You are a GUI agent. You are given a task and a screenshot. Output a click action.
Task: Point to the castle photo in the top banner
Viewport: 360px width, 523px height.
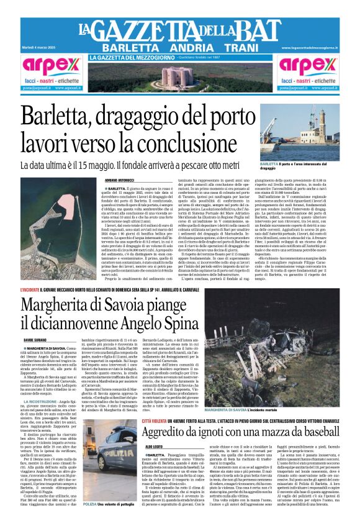click(179, 76)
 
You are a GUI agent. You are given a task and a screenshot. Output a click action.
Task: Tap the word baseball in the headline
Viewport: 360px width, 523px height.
click(310, 432)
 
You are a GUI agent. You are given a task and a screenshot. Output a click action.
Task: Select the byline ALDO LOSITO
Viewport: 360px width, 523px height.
click(153, 447)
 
